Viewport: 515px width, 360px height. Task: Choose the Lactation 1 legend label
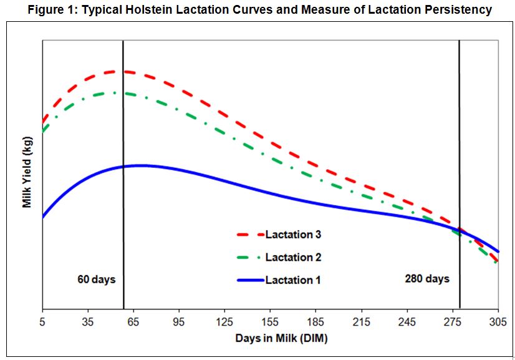293,280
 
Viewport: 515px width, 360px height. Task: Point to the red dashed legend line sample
249,235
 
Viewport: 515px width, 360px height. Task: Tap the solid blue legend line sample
249,280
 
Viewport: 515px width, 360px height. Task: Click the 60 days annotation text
97,278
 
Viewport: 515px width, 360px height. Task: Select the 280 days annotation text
427,278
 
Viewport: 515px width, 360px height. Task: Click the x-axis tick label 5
42,322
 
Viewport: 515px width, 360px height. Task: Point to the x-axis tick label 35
88,322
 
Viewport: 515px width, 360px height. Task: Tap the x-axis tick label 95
179,322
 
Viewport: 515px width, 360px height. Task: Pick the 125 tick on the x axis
224,322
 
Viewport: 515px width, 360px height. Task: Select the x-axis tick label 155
270,322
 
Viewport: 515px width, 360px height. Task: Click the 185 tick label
316,322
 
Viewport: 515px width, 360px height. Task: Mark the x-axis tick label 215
362,322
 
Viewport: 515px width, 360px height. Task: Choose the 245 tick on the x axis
407,322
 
